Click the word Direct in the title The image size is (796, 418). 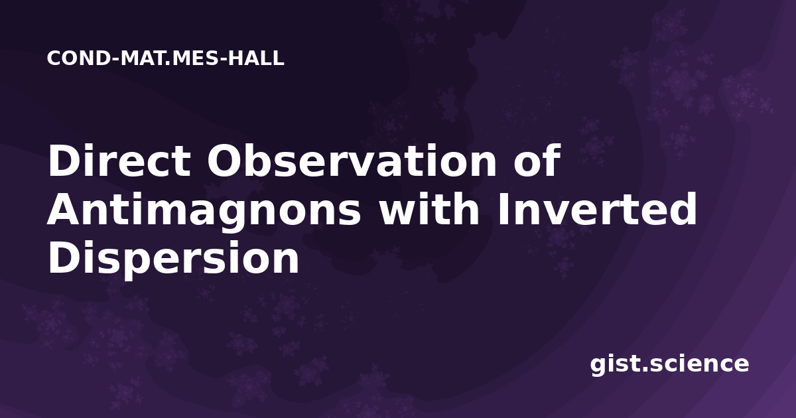click(x=119, y=161)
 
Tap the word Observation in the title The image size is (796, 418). click(x=352, y=161)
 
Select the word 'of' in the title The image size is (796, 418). click(x=537, y=160)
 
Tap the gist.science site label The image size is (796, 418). click(x=669, y=365)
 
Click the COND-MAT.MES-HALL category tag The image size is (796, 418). click(x=166, y=58)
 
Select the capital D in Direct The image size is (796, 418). click(x=63, y=161)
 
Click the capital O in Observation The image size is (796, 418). click(x=225, y=161)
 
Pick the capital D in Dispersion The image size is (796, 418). click(x=63, y=257)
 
